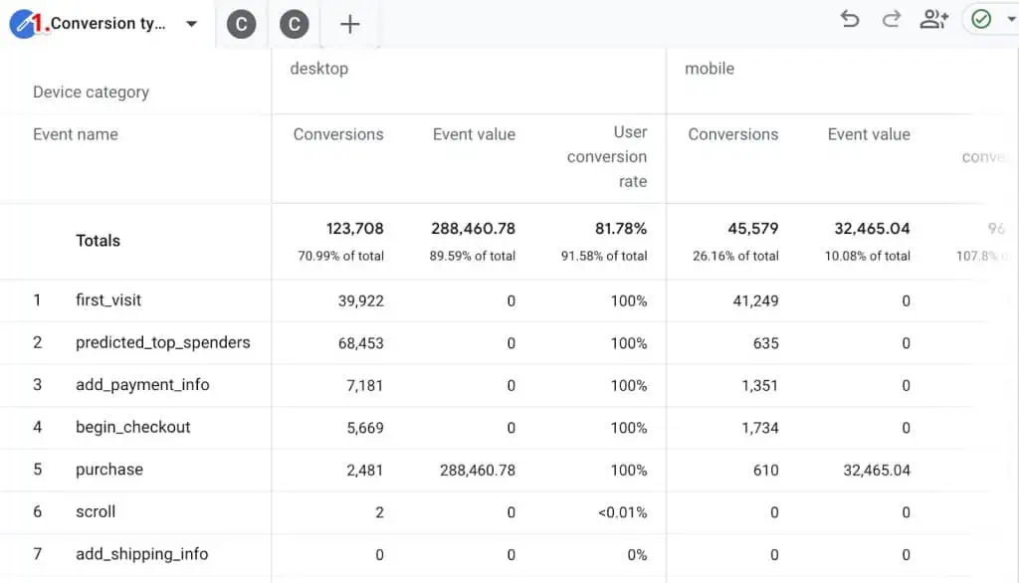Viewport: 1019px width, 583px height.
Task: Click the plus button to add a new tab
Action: [349, 24]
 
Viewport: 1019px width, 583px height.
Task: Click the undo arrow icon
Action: [850, 19]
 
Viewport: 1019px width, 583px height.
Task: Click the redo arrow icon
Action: [892, 19]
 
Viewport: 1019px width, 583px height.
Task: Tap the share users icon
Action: [933, 19]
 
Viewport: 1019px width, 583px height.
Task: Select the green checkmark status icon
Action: [981, 20]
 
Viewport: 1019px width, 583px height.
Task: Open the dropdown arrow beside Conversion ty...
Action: [191, 24]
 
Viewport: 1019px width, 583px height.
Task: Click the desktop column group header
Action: [319, 69]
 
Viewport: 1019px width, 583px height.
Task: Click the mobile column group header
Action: [710, 69]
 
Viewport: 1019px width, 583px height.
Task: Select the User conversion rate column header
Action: [607, 156]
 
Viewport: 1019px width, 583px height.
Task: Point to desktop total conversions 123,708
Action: [354, 229]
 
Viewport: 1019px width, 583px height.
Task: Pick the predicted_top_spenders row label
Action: [163, 342]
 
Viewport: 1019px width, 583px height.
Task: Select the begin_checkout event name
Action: [133, 427]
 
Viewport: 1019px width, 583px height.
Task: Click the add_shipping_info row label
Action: [142, 554]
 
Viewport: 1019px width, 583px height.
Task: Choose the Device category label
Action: [91, 92]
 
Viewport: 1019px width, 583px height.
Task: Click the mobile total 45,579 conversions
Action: [752, 229]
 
